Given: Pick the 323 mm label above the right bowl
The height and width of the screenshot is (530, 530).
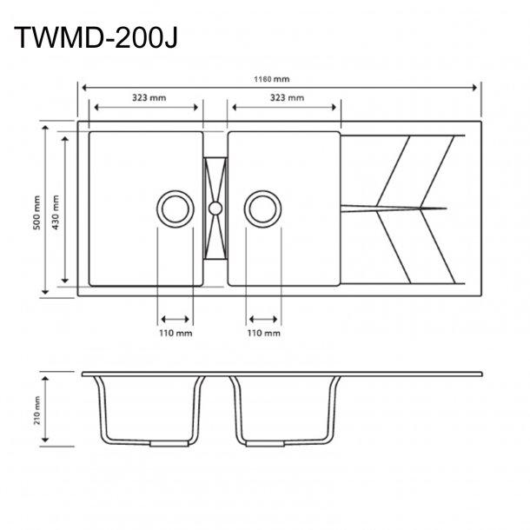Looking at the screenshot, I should (x=286, y=98).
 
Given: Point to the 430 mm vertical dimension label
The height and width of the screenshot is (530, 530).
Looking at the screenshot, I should (x=56, y=209).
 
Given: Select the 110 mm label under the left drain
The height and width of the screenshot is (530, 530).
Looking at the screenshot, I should (x=176, y=333).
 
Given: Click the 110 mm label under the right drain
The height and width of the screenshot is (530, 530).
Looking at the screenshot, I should (x=263, y=333).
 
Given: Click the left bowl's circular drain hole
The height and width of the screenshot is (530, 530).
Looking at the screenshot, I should (x=176, y=209).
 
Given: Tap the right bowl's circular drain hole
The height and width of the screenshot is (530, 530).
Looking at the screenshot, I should (x=263, y=209).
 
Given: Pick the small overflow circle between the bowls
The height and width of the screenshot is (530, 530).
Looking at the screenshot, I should (x=215, y=208).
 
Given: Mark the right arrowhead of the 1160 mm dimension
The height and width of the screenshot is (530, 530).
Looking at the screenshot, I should (x=477, y=87).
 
